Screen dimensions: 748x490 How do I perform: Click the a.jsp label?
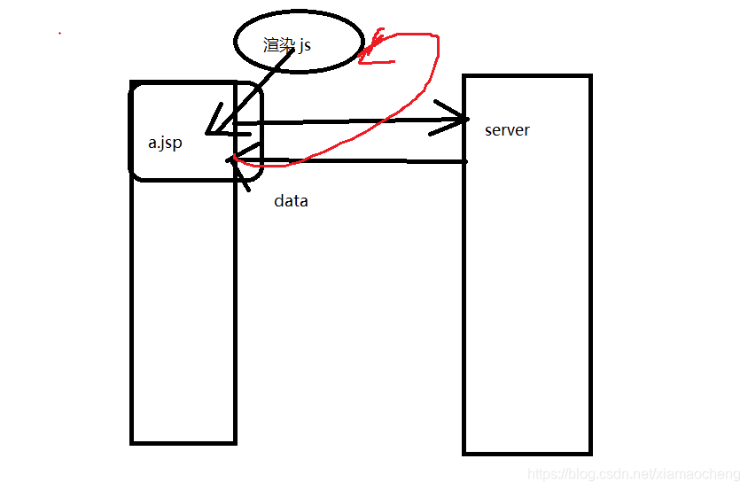pos(165,143)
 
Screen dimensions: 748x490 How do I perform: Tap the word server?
pos(507,130)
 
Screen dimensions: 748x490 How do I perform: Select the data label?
pos(291,201)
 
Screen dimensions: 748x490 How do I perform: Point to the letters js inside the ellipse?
pos(305,45)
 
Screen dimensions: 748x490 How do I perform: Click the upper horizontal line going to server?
pos(355,121)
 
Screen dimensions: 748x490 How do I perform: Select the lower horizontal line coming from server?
pos(355,161)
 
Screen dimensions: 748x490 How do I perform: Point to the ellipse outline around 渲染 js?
pos(299,12)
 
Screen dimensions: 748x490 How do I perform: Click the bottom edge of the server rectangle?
pos(526,453)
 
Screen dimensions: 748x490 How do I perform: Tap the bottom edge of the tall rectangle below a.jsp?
pos(183,441)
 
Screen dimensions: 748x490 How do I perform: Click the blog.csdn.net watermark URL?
pos(633,475)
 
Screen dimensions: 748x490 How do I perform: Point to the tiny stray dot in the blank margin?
pos(59,33)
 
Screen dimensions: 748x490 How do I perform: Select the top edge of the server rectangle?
pos(526,77)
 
